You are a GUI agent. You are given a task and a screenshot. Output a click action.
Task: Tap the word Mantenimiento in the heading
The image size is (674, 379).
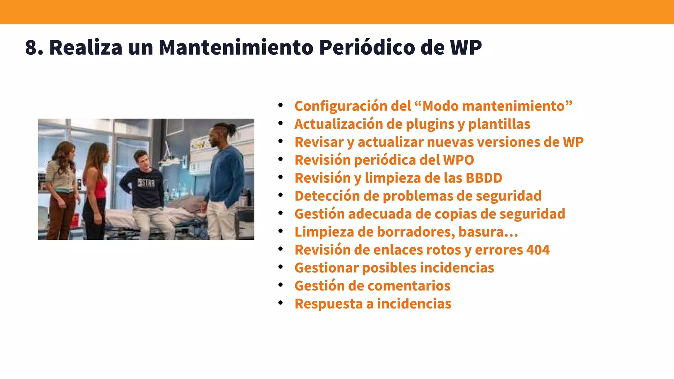[236, 47]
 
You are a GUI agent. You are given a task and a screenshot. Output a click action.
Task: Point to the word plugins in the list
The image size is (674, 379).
[429, 124]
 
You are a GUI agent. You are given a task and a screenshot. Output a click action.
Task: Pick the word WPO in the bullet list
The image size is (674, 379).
[458, 160]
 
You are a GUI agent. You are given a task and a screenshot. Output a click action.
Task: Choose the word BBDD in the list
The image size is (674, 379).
[484, 178]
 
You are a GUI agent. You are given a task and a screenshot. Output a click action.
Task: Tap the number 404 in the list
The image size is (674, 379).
[538, 250]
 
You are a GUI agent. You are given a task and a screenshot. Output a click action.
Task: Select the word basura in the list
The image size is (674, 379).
[480, 232]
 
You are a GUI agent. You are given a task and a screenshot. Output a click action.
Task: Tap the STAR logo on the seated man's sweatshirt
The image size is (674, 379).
[146, 183]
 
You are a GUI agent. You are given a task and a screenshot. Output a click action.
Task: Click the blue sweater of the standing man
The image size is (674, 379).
[227, 174]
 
